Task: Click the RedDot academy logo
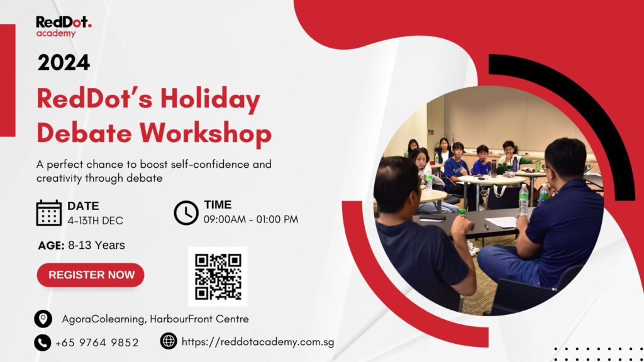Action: pos(64,26)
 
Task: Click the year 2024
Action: pos(64,63)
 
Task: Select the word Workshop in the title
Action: pos(206,133)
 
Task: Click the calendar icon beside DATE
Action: pos(49,212)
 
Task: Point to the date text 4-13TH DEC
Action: pos(96,221)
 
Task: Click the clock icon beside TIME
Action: pos(186,212)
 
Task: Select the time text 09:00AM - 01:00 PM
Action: pos(251,219)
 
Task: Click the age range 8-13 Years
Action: pos(96,245)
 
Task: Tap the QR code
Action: pos(218,277)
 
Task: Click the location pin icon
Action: pos(43,319)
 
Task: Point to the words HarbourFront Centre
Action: pos(199,319)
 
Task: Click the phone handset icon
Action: pos(42,343)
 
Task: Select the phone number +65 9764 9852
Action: pos(97,343)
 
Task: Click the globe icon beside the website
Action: pos(169,341)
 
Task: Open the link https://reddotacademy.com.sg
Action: pos(258,342)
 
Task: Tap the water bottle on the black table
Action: pos(523,200)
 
